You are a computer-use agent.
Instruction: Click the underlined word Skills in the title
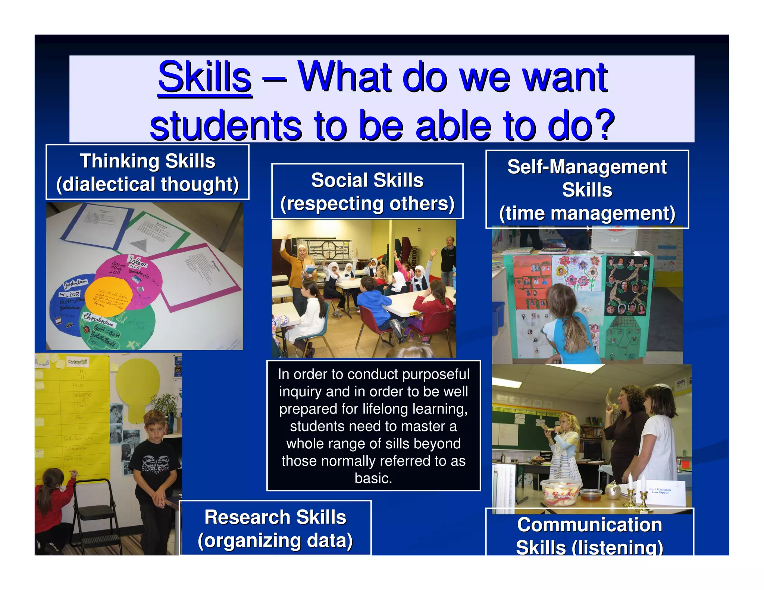(204, 77)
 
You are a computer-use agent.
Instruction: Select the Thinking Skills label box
(147, 172)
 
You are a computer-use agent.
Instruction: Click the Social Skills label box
(367, 191)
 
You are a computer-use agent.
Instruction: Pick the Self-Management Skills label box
(587, 189)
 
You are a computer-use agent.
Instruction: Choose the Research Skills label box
(275, 528)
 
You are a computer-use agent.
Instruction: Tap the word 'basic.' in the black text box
(373, 478)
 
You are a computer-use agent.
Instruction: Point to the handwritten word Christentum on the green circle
(98, 319)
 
